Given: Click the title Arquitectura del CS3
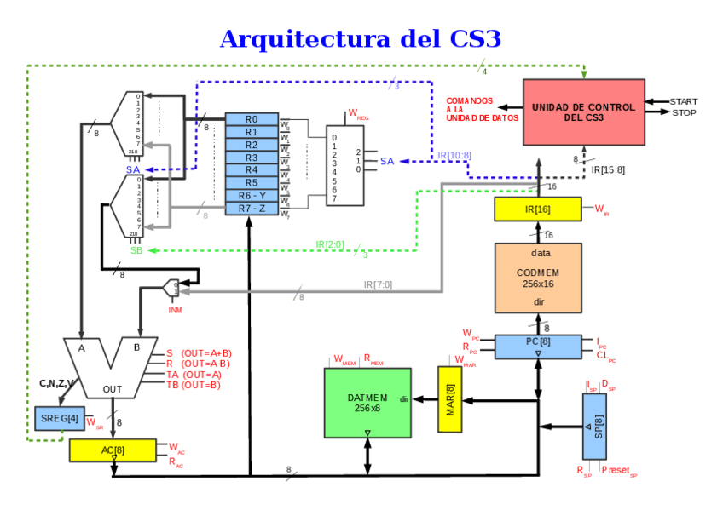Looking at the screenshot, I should click(360, 39).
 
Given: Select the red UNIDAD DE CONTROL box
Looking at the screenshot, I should click(583, 112).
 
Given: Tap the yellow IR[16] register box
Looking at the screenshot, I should click(537, 209).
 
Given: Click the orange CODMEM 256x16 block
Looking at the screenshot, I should click(538, 278).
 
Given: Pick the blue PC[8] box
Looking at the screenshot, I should click(537, 342).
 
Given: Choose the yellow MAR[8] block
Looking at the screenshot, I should click(449, 399).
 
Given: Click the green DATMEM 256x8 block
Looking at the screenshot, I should click(367, 403).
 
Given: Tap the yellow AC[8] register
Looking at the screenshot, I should click(113, 450).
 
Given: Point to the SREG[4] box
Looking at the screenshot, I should click(60, 418).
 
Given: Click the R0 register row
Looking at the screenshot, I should click(252, 119).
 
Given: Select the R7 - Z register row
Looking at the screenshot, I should click(252, 209).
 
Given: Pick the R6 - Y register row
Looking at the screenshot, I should click(252, 196).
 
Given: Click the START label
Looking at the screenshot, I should click(684, 101).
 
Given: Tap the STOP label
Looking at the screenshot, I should click(684, 112).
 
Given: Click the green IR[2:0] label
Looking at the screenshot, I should click(330, 244).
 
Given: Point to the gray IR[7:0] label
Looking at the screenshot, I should click(378, 284).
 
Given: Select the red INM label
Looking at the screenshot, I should click(175, 309).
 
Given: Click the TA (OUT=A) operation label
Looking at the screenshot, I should click(194, 374).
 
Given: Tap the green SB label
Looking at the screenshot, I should click(136, 250).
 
